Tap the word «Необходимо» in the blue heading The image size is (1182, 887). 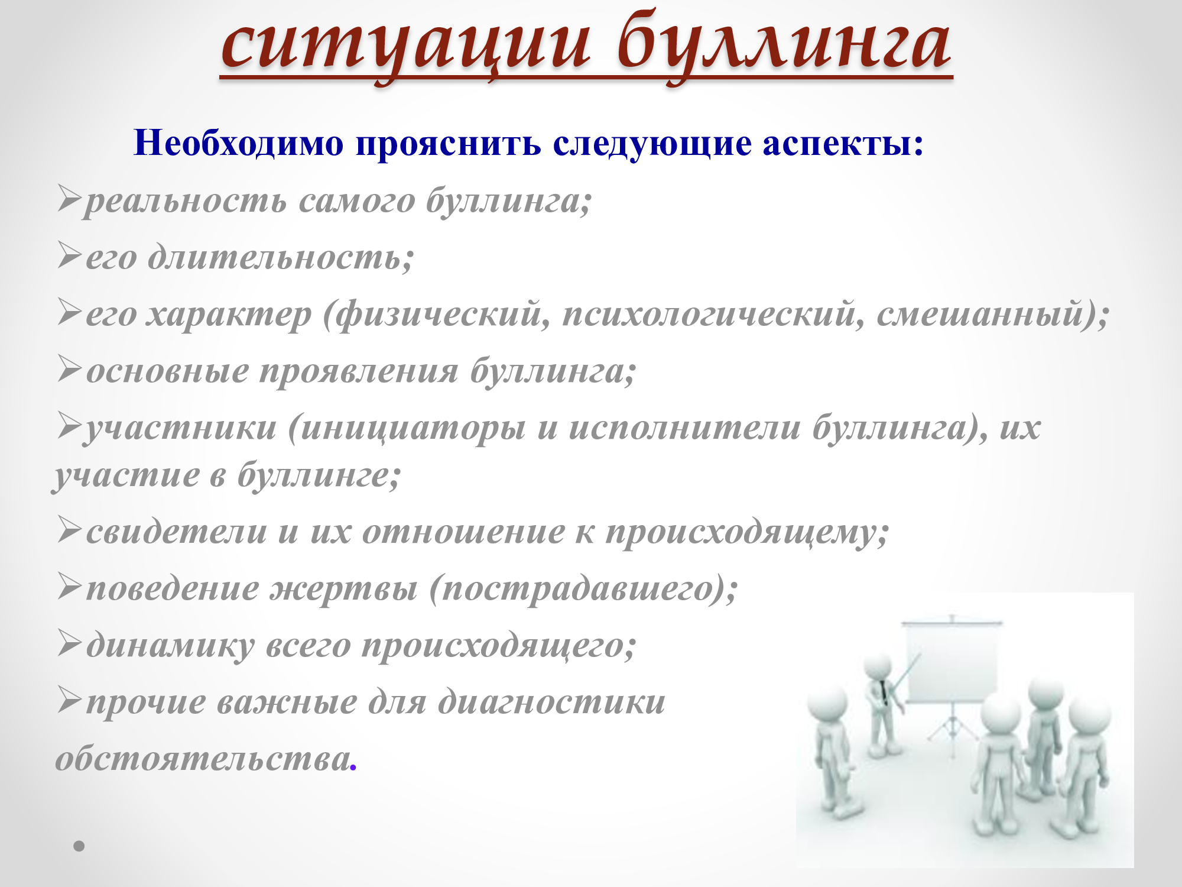(239, 143)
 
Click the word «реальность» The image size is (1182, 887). (186, 202)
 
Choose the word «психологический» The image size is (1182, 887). (709, 314)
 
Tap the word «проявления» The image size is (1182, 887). (359, 372)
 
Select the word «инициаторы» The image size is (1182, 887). (413, 428)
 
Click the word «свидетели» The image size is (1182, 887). (177, 532)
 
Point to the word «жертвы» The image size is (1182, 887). (344, 588)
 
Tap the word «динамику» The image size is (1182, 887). (171, 645)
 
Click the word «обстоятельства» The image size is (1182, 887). (203, 759)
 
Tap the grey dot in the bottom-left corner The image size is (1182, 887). (79, 846)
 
